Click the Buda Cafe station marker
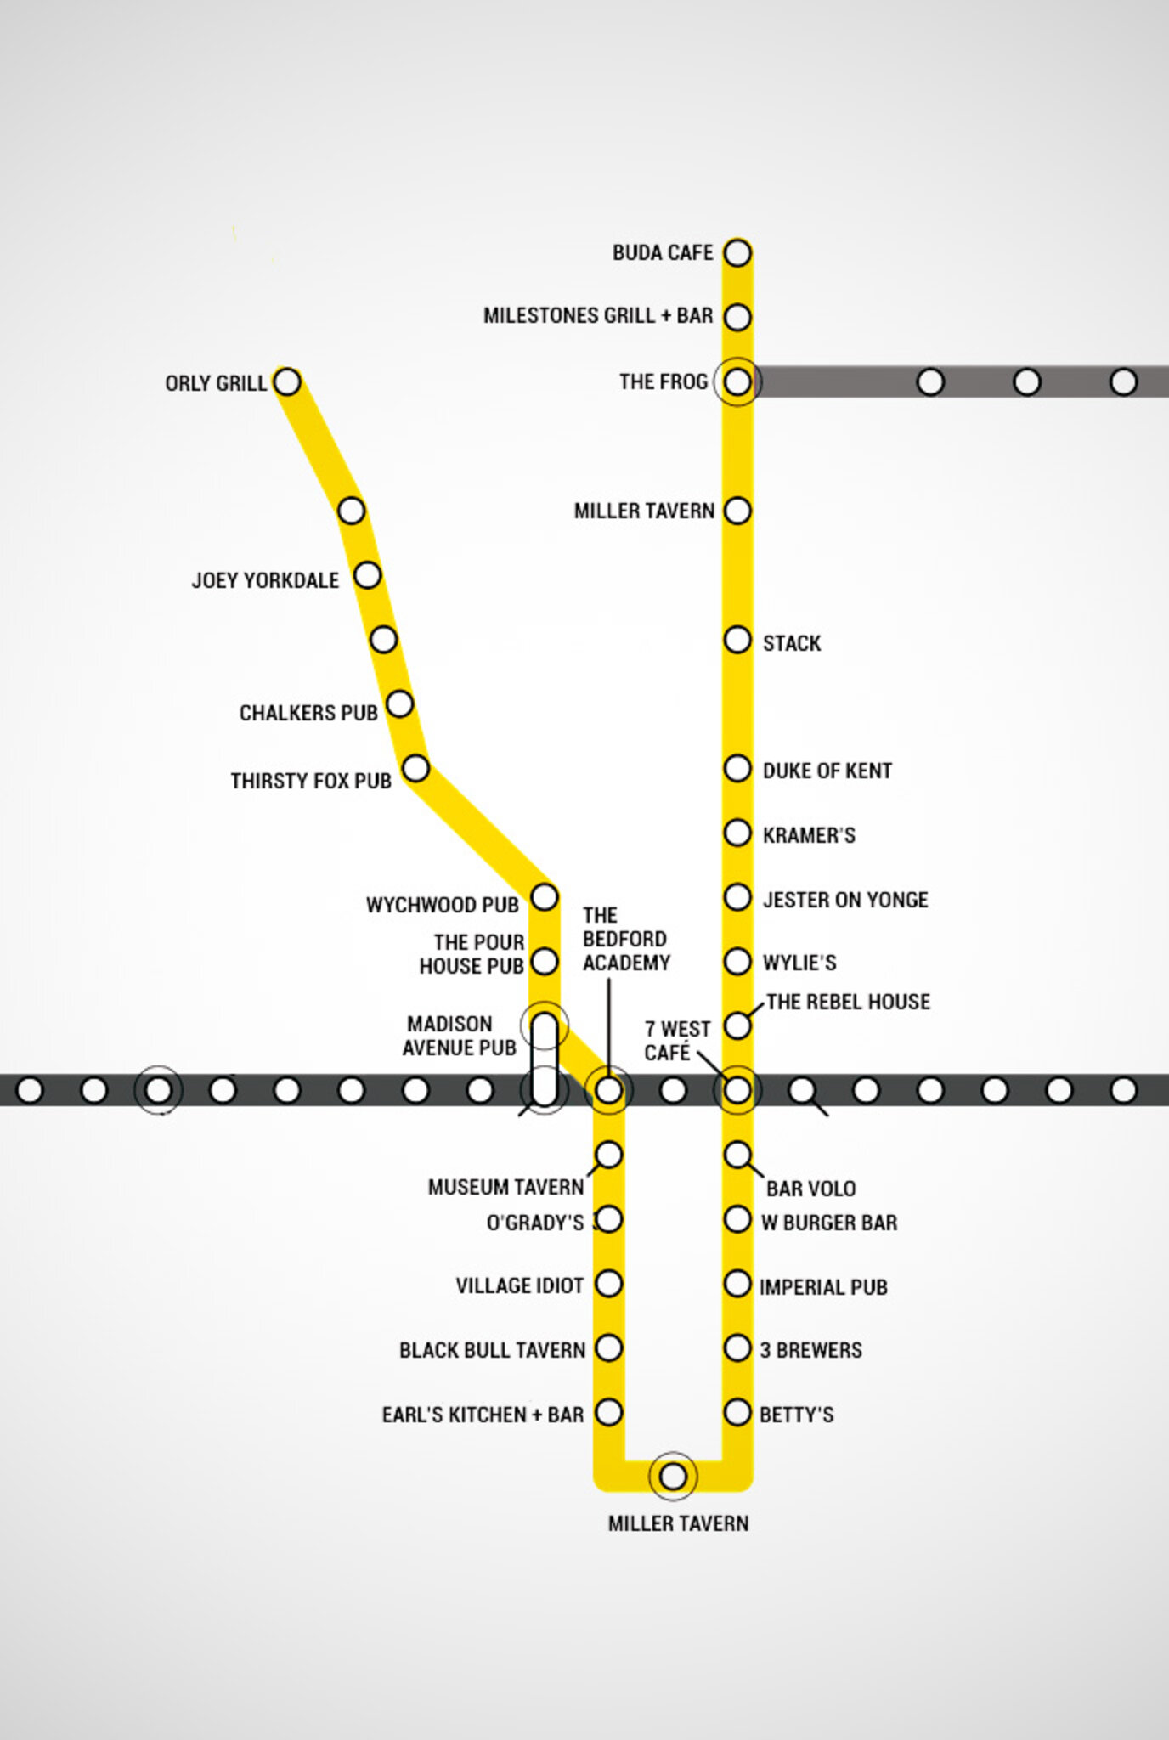(737, 252)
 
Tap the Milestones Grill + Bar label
(598, 316)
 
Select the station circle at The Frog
(737, 381)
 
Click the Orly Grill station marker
(287, 381)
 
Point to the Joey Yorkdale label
(265, 581)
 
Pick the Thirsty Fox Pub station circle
(415, 768)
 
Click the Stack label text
(792, 643)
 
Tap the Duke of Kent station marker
(737, 768)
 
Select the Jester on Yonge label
(844, 900)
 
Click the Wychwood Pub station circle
(544, 896)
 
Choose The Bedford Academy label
(626, 939)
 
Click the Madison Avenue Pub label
(459, 1036)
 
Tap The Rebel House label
(848, 1003)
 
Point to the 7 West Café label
(676, 1041)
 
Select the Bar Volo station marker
(737, 1154)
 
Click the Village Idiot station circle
(608, 1283)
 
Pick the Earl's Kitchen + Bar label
(483, 1415)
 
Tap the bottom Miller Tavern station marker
(673, 1477)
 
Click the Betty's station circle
(737, 1412)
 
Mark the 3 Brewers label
(810, 1350)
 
